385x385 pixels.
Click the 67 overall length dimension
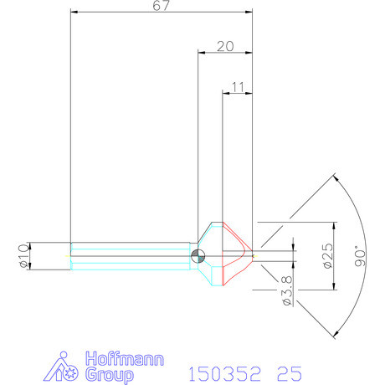pos(162,6)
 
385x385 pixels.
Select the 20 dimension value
pos(225,46)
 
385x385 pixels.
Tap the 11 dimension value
pos(238,87)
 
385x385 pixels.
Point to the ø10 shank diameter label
pos(24,256)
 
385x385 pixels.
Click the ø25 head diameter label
pos(328,256)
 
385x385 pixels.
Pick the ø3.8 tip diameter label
pos(287,290)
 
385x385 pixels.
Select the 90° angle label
pos(360,256)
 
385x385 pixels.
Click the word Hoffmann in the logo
pos(125,359)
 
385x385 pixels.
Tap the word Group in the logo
pos(109,375)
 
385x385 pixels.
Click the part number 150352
pos(225,374)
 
